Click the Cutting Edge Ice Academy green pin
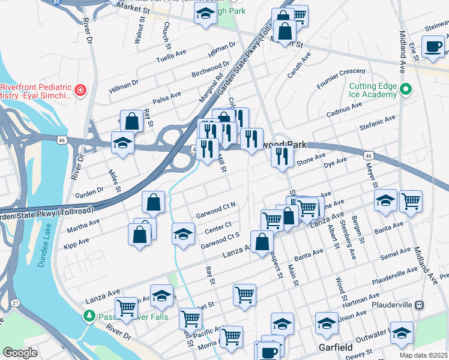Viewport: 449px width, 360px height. click(x=406, y=90)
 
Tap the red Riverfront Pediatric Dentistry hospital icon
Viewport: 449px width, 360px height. click(x=80, y=91)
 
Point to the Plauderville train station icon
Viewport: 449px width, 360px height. click(x=420, y=305)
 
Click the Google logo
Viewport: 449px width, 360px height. click(x=20, y=353)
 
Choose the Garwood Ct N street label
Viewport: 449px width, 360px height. click(x=215, y=210)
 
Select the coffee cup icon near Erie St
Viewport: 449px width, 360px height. click(x=432, y=46)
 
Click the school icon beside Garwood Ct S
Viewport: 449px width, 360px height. click(x=184, y=234)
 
